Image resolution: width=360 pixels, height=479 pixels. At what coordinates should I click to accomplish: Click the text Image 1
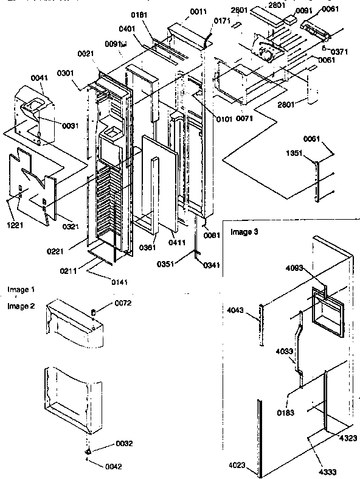(x=21, y=290)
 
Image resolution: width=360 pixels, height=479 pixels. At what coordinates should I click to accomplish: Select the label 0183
(x=288, y=396)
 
